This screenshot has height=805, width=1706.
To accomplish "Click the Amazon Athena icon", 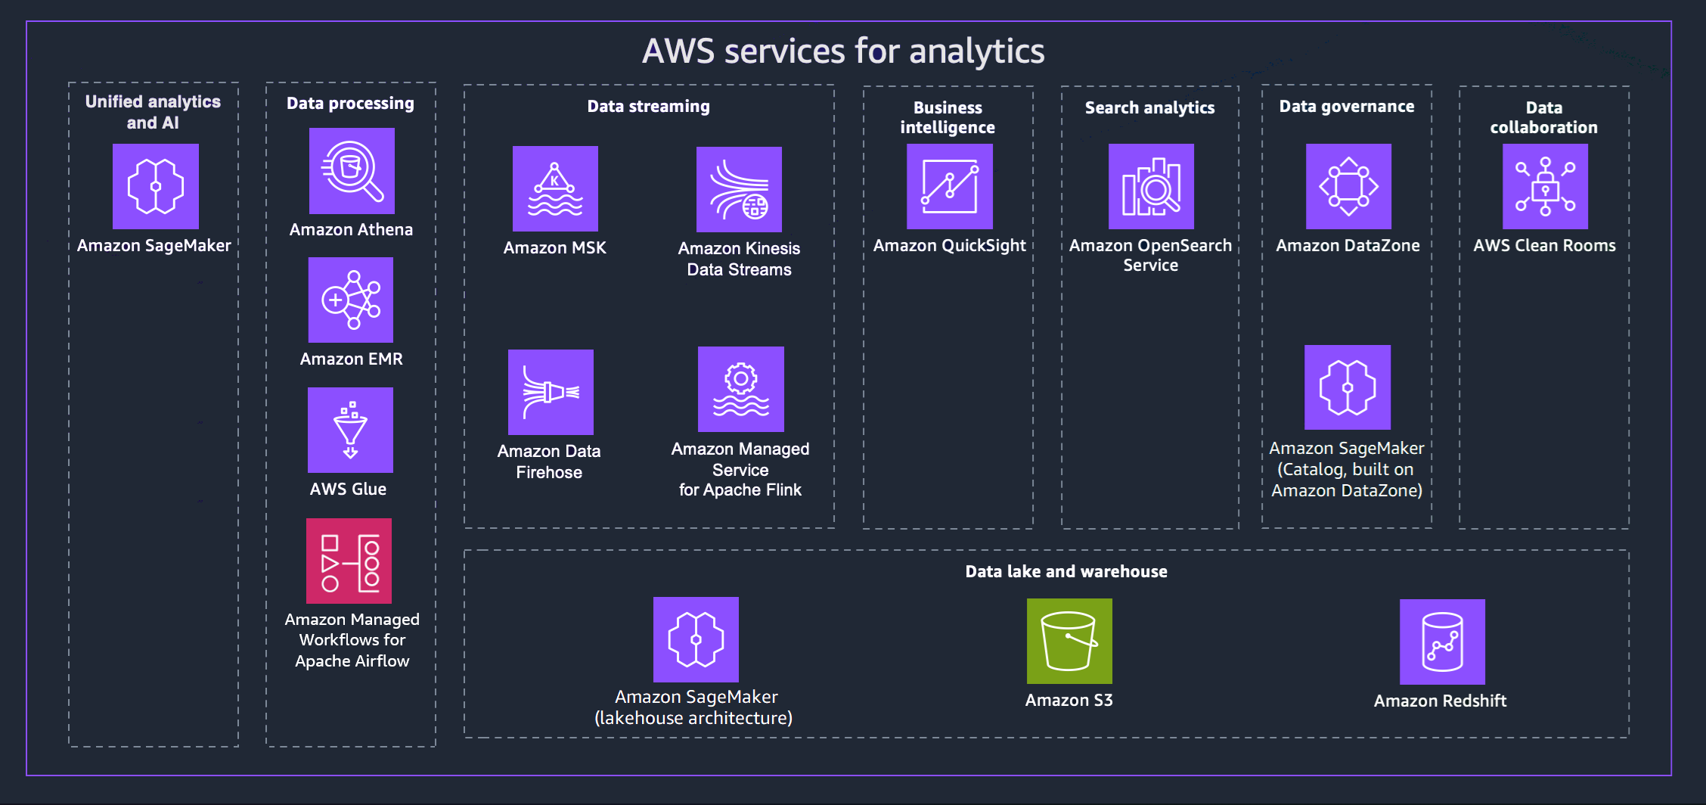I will click(352, 171).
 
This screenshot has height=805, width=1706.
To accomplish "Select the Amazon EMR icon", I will click(351, 300).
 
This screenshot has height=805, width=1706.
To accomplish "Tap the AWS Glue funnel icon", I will click(350, 430).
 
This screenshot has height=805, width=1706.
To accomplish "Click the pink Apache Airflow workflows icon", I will click(349, 561).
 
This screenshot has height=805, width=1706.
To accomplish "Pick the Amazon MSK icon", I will click(555, 188).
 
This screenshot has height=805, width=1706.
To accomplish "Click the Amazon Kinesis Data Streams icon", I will click(739, 189).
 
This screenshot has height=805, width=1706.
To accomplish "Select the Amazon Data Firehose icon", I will click(551, 392).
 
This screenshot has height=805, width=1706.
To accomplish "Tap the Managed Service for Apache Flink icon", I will click(740, 389).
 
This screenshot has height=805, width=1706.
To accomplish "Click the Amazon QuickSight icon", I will click(949, 186).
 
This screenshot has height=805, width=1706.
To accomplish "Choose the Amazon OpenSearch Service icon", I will click(1151, 186).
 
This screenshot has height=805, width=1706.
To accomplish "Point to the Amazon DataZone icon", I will click(1348, 186).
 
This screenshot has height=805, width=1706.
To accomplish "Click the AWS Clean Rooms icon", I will click(1545, 186).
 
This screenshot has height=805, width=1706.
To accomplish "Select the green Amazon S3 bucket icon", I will click(1069, 641).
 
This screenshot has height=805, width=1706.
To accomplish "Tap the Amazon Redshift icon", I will click(1442, 642).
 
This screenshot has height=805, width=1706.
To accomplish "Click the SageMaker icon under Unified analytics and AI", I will click(156, 186).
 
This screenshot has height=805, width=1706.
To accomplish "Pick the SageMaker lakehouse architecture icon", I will click(696, 639).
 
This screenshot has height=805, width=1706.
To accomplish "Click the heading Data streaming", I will click(648, 107).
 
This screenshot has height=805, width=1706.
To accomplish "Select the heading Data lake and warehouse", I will click(1065, 572).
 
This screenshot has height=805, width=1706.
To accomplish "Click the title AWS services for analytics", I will click(842, 51).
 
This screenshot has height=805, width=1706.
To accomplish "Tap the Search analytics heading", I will click(1149, 108).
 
